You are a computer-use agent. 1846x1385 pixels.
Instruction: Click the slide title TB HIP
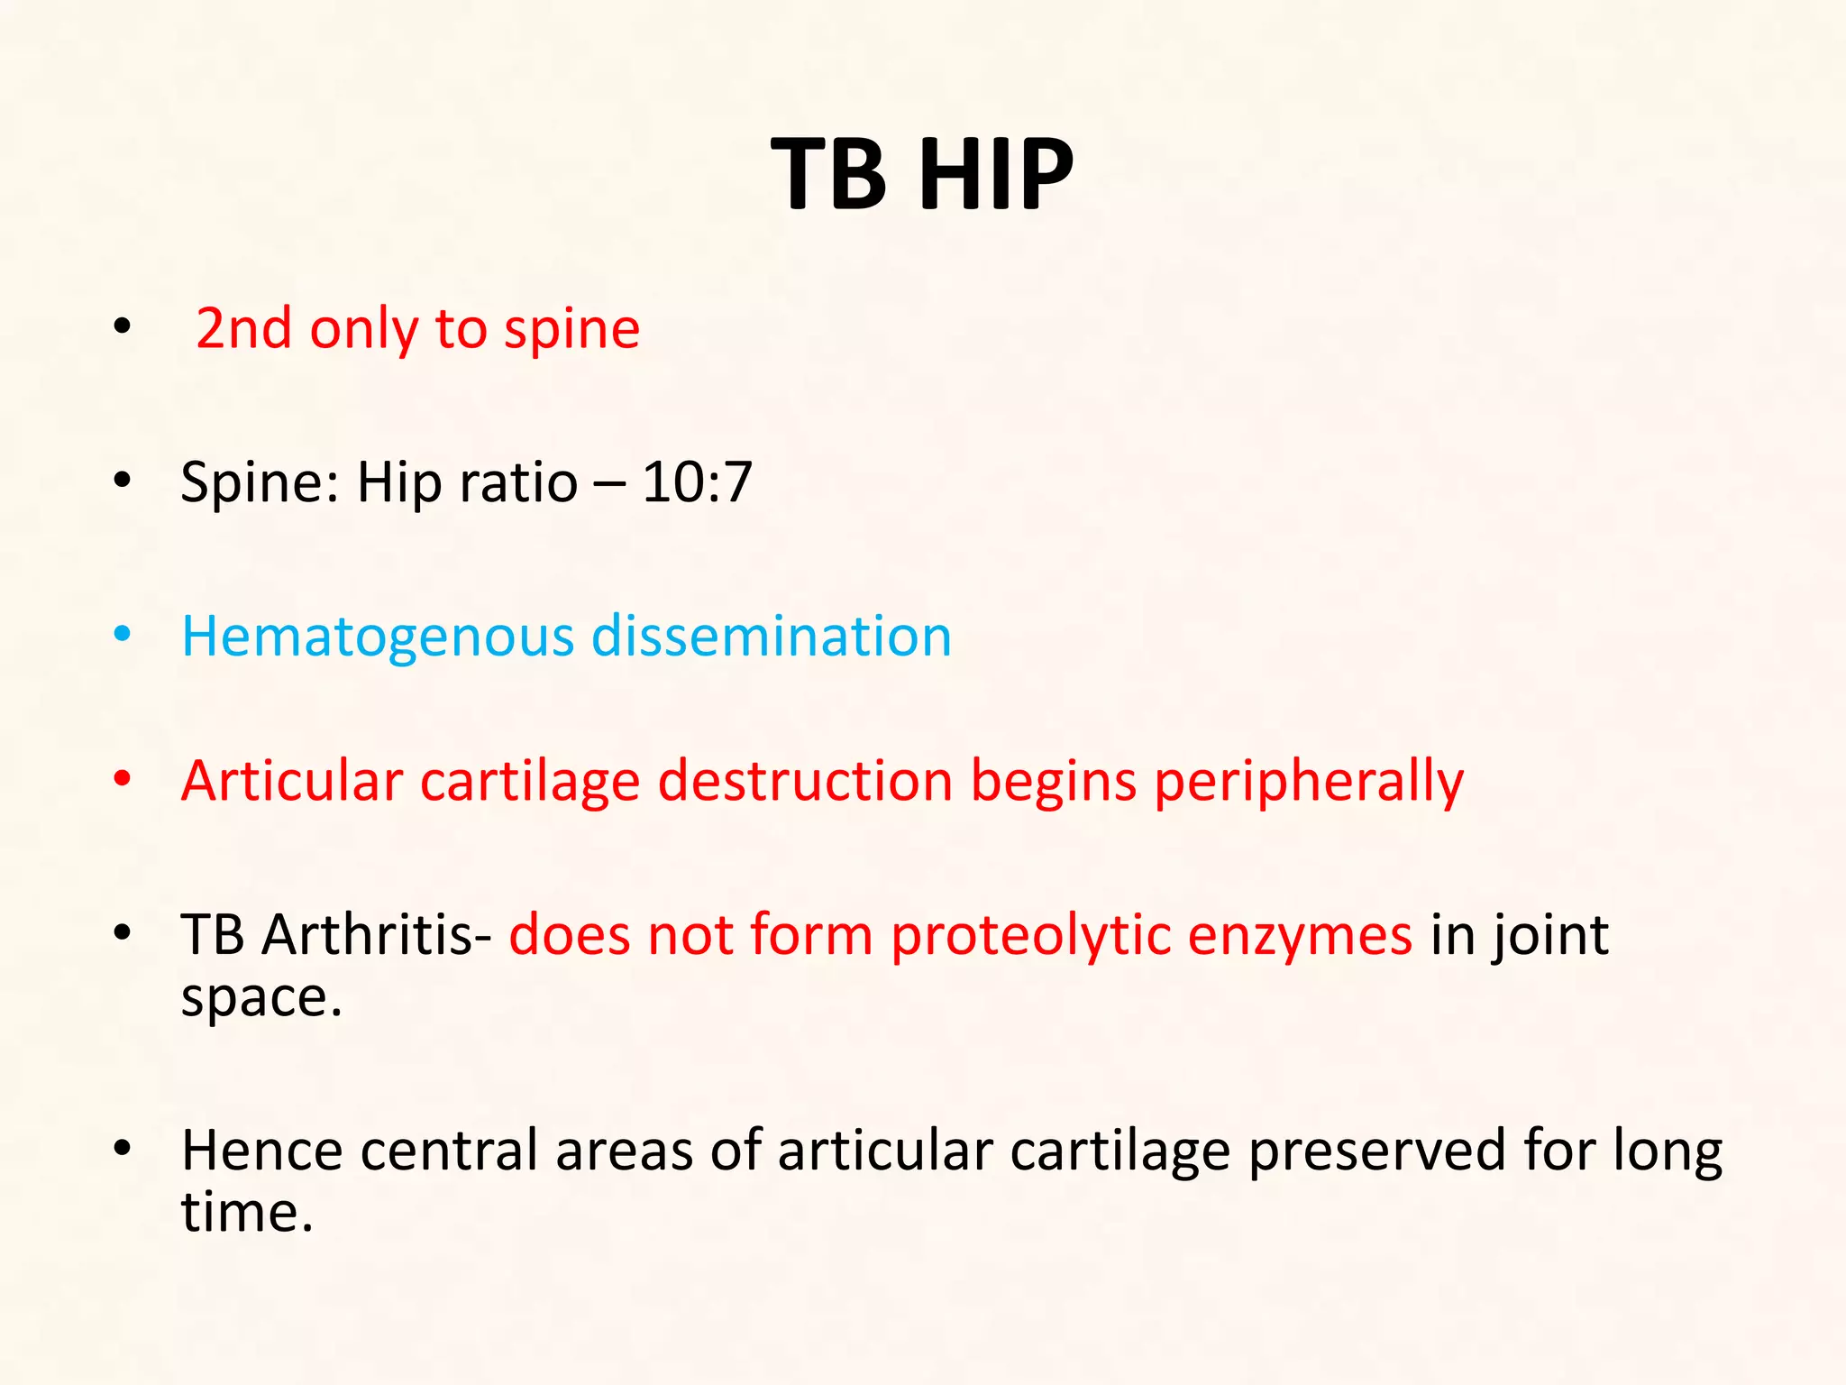click(922, 174)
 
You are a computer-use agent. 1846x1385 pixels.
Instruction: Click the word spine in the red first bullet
click(571, 330)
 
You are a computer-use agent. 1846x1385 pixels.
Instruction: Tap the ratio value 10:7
click(697, 482)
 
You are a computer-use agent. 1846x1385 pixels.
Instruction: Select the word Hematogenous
click(378, 637)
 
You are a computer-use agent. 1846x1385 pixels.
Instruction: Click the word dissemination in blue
click(772, 636)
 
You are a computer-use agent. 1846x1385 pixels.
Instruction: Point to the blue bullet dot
click(123, 635)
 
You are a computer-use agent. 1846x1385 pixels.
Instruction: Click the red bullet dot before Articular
click(123, 779)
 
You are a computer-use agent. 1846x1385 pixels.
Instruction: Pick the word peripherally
click(1309, 783)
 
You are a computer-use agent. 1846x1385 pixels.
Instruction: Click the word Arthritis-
click(376, 934)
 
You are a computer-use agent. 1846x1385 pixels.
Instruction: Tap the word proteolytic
click(1030, 936)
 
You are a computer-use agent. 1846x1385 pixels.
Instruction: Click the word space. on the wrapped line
click(261, 999)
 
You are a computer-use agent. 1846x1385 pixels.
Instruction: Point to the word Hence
click(262, 1151)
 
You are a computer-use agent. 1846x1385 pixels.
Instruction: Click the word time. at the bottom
click(247, 1212)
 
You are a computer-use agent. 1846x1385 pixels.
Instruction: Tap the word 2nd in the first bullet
click(243, 329)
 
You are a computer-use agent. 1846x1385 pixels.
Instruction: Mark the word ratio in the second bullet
click(518, 482)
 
